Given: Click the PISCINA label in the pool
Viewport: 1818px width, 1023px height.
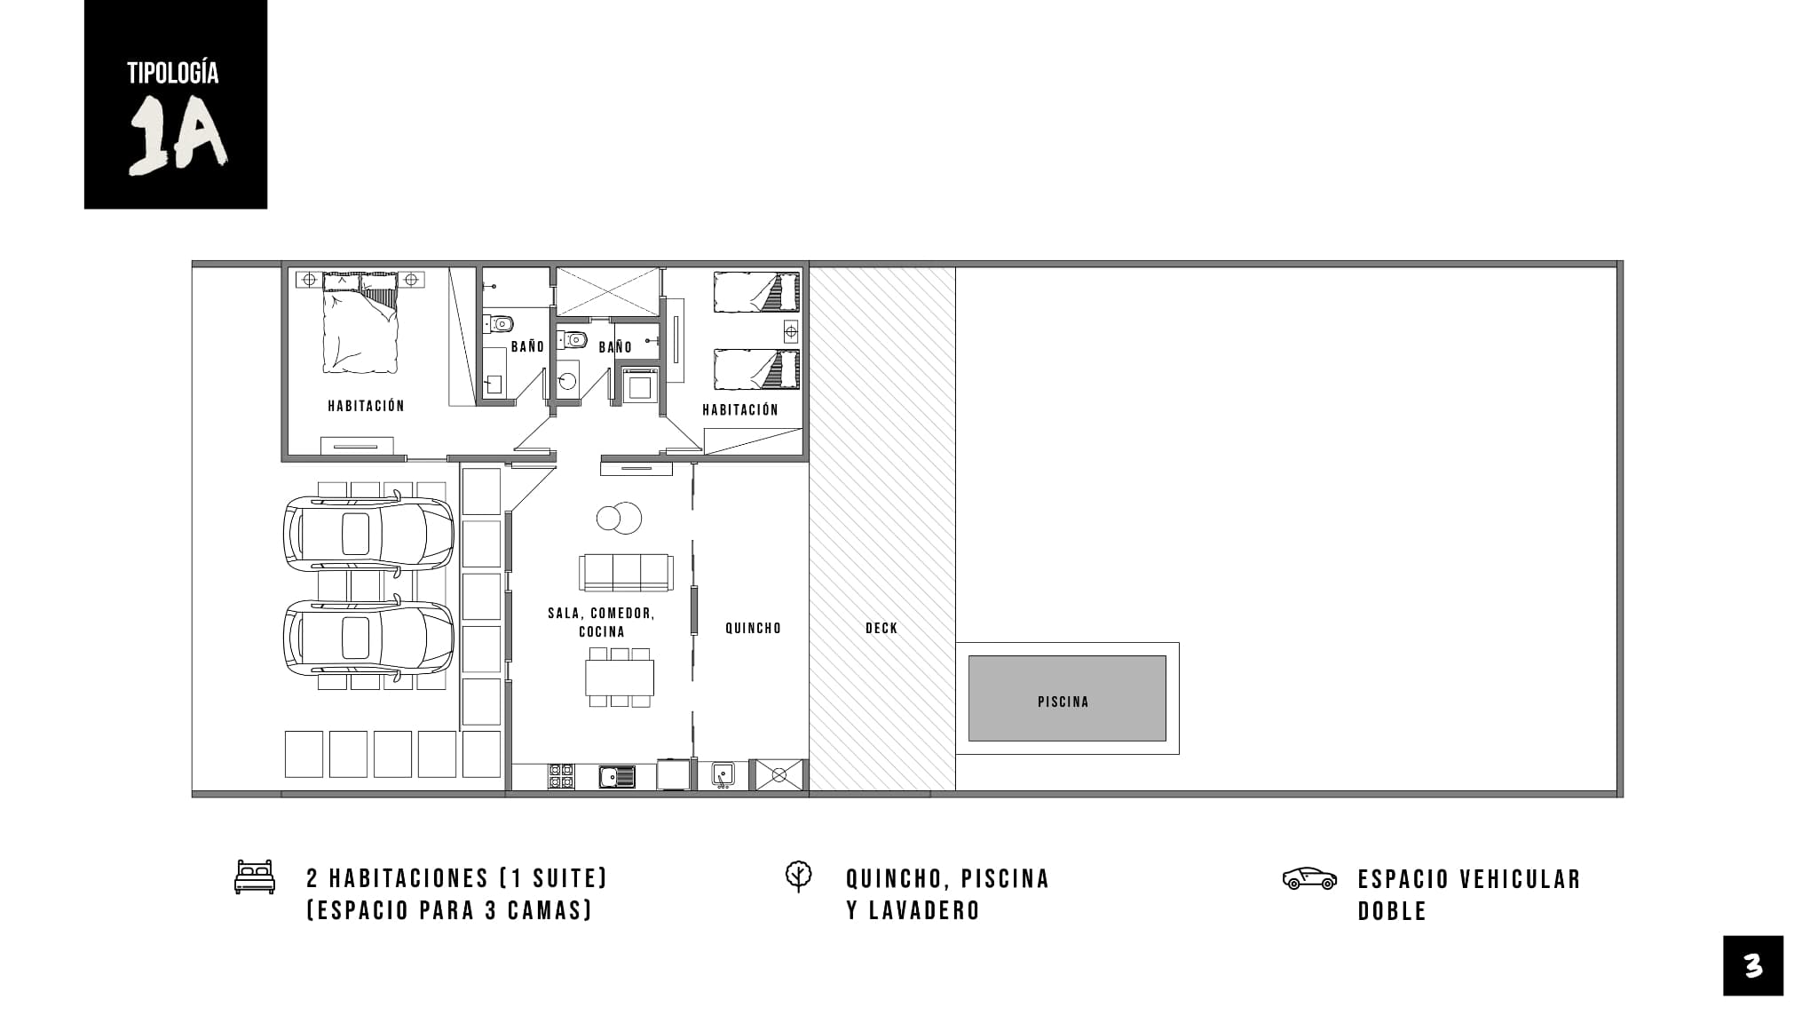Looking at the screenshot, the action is pos(1063,702).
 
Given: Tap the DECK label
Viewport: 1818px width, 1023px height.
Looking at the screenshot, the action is pos(881,628).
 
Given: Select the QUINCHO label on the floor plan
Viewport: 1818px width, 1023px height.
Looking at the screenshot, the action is pos(753,628).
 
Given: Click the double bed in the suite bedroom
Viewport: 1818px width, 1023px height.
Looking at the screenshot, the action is pos(360,323).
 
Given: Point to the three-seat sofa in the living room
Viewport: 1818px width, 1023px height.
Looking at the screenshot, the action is pos(626,572).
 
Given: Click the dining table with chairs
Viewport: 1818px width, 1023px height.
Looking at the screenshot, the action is pos(620,678).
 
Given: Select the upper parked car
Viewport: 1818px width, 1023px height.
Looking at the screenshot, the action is pos(368,533).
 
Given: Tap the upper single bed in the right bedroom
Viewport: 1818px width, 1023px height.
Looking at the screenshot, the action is pos(756,292).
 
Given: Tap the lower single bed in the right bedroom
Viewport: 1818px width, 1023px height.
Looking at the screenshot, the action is pos(756,369).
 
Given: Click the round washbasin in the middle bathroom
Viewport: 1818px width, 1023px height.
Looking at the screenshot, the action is pos(567,382).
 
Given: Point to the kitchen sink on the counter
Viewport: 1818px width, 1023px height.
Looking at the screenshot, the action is pos(617,777).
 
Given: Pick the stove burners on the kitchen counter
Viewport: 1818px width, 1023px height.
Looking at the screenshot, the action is pos(560,777).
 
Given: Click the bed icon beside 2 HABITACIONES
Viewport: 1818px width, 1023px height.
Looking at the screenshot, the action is pos(255,876).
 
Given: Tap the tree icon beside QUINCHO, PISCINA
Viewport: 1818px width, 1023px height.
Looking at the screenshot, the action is pos(798,876).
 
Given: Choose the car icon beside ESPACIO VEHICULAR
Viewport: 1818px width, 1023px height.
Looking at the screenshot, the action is pos(1309,878).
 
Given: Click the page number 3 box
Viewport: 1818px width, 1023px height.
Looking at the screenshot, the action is pos(1753,965).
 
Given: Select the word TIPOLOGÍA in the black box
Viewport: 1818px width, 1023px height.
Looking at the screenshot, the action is pos(172,73).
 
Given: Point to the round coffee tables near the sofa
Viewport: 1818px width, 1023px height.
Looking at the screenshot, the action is pos(620,518).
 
